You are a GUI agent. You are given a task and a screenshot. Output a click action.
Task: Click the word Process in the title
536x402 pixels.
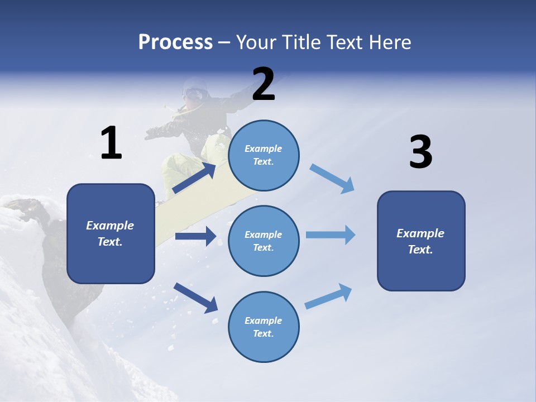coord(175,42)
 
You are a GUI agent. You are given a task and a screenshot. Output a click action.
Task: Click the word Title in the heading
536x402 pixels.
coord(300,42)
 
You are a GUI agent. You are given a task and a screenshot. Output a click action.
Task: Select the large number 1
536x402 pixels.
coord(111,143)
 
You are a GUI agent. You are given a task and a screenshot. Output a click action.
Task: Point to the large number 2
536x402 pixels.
coord(264,84)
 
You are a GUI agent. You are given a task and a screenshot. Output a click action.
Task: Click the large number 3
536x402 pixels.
coord(420,152)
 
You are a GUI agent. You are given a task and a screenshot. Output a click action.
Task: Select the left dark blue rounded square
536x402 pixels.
coord(111,233)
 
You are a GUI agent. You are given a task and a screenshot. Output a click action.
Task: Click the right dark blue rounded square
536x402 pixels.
coord(421,241)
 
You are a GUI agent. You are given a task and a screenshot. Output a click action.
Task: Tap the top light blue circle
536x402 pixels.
coord(264,155)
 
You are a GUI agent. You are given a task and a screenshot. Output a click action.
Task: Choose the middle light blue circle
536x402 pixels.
coord(264,241)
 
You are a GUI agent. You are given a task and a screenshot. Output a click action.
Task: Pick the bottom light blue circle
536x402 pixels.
coord(264,327)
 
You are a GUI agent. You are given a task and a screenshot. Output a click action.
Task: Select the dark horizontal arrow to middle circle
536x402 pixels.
coord(195,236)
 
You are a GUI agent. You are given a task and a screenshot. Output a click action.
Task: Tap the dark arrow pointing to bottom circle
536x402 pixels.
coord(195,298)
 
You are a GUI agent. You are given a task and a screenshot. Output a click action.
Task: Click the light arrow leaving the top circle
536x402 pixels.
coord(332,179)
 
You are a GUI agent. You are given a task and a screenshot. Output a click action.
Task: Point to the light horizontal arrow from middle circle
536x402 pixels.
coord(331,234)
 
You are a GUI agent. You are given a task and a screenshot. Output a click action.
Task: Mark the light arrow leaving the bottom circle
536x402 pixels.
coord(328,296)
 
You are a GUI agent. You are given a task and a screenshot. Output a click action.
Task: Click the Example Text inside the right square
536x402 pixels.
coord(420,241)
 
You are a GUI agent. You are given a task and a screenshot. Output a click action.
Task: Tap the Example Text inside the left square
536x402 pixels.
coord(110,233)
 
